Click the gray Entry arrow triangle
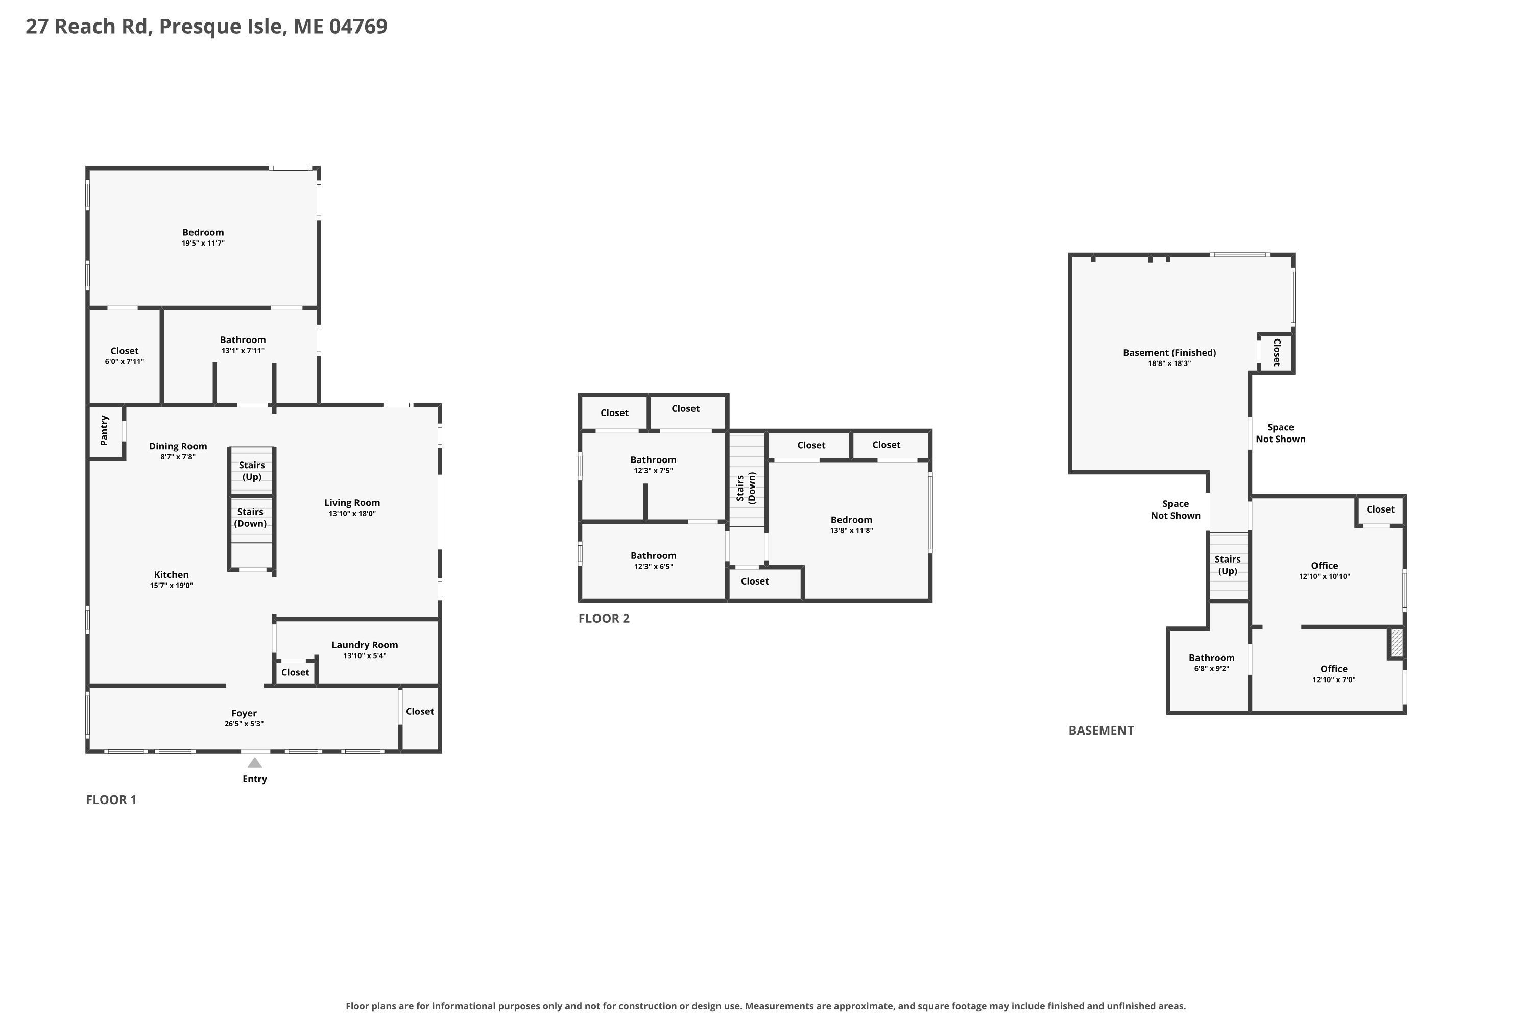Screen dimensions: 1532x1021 255,763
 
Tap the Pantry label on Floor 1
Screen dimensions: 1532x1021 104,430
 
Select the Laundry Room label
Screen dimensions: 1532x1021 365,645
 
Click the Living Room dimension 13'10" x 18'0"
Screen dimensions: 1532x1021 352,514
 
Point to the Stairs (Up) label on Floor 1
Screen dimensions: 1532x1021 252,471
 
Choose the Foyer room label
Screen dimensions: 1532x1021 244,713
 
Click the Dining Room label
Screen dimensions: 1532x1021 178,446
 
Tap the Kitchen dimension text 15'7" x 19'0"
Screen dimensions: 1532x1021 171,586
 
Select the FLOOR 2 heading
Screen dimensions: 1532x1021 604,619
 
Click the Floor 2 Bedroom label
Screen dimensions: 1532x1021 851,520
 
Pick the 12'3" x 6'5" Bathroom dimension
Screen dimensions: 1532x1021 653,567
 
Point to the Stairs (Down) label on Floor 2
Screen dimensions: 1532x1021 746,488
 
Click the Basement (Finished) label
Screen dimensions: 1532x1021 1169,352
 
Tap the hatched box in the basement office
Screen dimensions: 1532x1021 1397,643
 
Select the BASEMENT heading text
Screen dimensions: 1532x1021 1102,731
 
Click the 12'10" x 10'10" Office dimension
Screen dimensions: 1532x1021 1325,576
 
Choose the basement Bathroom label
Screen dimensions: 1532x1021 1211,658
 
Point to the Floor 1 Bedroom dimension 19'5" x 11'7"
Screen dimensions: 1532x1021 203,244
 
